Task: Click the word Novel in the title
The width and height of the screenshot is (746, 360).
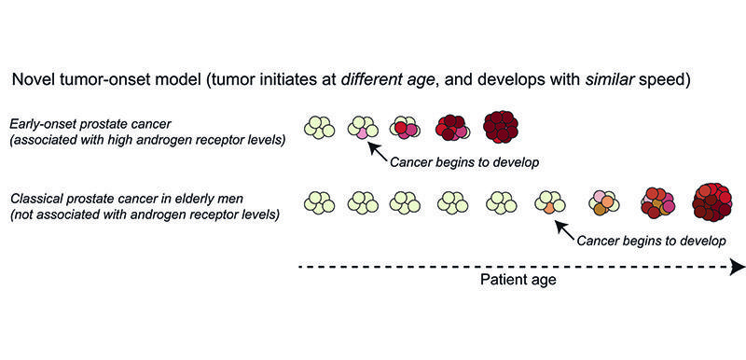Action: pos(33,79)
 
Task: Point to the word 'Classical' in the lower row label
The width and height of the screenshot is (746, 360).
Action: pos(38,198)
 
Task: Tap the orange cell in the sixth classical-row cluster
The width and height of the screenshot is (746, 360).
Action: pos(551,209)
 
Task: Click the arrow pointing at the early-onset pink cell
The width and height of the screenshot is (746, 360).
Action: pos(379,149)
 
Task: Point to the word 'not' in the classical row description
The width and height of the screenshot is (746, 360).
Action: pos(22,215)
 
